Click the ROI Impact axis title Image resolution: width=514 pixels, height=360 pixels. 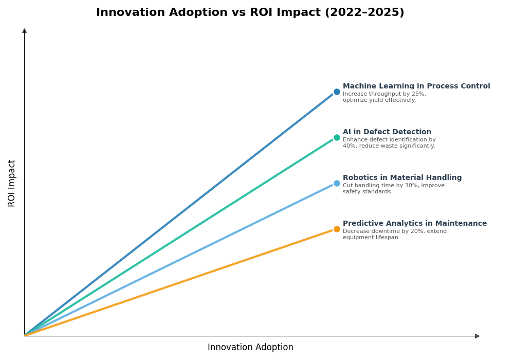pyautogui.click(x=12, y=183)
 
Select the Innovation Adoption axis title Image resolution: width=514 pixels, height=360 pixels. pyautogui.click(x=250, y=348)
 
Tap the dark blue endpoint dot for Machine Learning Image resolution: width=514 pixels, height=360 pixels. pyautogui.click(x=337, y=92)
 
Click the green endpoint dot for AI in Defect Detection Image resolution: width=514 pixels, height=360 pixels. pyautogui.click(x=337, y=138)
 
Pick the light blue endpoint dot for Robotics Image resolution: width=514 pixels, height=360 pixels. pyautogui.click(x=337, y=184)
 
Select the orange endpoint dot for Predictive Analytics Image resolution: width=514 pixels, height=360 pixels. pyautogui.click(x=337, y=229)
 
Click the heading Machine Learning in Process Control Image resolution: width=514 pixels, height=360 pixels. pyautogui.click(x=416, y=86)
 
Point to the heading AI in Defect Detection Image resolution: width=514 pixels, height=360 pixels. pyautogui.click(x=387, y=132)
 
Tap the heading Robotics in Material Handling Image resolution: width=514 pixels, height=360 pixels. pyautogui.click(x=402, y=178)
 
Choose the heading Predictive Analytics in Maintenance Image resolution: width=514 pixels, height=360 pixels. pyautogui.click(x=415, y=224)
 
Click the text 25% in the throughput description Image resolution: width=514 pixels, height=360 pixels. pyautogui.click(x=418, y=94)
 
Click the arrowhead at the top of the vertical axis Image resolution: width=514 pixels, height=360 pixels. pyautogui.click(x=24, y=31)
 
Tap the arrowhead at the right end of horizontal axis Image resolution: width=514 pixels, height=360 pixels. pyautogui.click(x=477, y=336)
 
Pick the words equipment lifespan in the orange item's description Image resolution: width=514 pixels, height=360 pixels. pyautogui.click(x=371, y=238)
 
